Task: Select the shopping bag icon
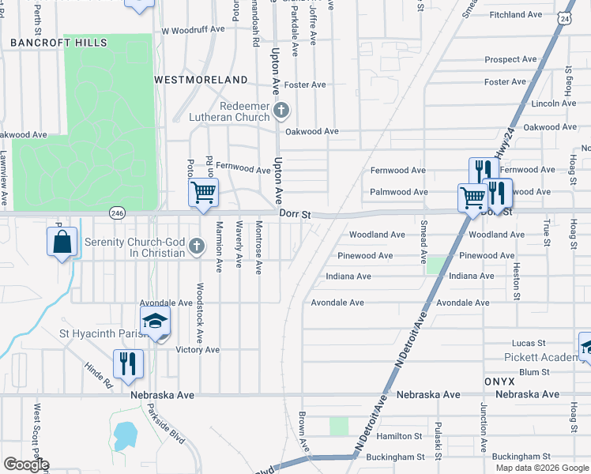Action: click(x=62, y=243)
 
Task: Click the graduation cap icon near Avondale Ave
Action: click(x=156, y=322)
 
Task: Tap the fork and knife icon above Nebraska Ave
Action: click(x=126, y=363)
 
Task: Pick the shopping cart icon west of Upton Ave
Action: click(x=203, y=192)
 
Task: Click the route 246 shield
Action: click(x=118, y=213)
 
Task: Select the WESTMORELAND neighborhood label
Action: click(x=201, y=80)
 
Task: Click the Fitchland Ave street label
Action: click(x=515, y=15)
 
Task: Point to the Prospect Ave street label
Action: click(x=510, y=59)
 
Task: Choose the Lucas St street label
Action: click(x=529, y=344)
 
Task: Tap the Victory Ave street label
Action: click(x=197, y=349)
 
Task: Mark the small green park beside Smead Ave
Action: click(x=434, y=265)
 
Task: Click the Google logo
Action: click(x=25, y=465)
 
